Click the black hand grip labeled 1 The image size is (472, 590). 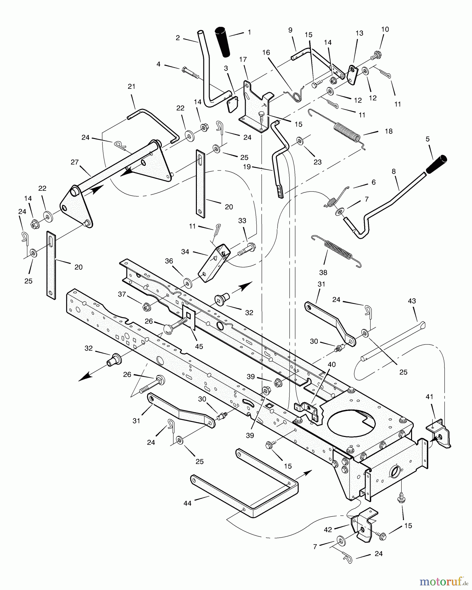coord(222,43)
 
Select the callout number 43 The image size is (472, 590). coord(412,301)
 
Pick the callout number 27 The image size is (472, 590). coord(74,162)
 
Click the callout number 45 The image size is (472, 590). coord(199,346)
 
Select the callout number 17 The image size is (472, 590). coord(243,59)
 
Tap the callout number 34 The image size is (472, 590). coord(185,251)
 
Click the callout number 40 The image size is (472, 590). coord(331,364)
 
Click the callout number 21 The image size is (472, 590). coord(131,87)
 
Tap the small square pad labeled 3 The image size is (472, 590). coord(233,105)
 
